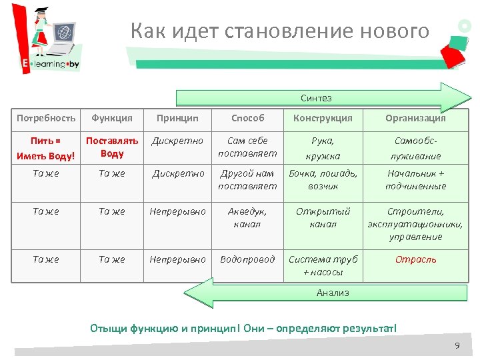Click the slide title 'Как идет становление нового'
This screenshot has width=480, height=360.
click(280, 31)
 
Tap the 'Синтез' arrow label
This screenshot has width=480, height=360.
click(315, 99)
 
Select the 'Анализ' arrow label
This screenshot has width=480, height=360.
click(333, 293)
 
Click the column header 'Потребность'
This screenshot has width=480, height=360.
click(46, 118)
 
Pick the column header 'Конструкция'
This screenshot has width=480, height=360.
click(323, 118)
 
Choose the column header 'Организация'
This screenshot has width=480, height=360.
click(415, 118)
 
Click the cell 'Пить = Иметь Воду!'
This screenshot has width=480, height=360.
click(46, 148)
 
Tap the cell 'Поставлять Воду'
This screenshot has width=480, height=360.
click(112, 147)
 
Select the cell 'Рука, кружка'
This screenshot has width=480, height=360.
click(323, 148)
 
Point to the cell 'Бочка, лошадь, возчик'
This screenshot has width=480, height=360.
click(323, 179)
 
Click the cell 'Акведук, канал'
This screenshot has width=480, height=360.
click(247, 217)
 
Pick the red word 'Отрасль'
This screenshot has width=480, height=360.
click(415, 259)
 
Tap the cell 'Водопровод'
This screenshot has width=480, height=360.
click(247, 259)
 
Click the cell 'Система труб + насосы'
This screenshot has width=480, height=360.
click(323, 265)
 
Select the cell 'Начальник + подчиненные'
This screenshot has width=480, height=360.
click(415, 179)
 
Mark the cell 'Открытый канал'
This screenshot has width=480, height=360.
click(323, 217)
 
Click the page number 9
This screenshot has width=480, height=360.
click(457, 345)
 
